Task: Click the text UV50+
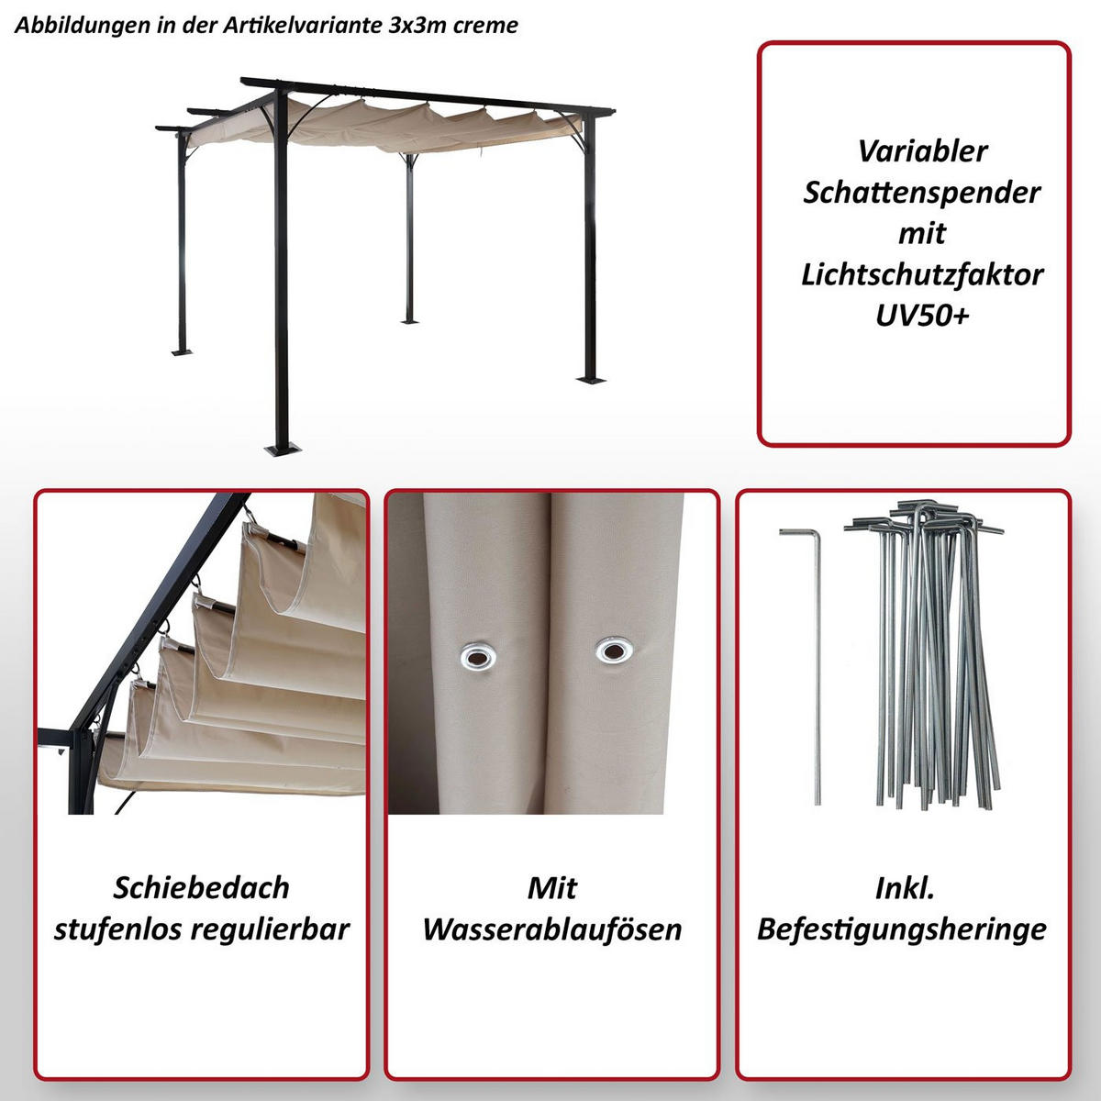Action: point(922,315)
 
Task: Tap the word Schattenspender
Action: point(922,193)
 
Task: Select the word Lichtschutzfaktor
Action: point(922,274)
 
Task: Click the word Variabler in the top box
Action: point(922,151)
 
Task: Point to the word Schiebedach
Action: point(201,887)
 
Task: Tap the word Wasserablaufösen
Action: point(551,929)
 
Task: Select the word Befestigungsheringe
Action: point(901,929)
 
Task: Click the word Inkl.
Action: point(904,887)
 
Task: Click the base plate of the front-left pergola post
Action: point(281,449)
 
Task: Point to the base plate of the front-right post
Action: point(592,378)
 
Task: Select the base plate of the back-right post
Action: point(409,320)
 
